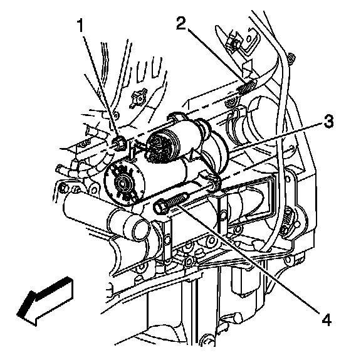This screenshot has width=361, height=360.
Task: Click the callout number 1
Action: tap(80, 25)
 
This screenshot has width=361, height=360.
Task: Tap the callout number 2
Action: tap(181, 24)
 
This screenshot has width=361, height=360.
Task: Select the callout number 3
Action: tap(328, 122)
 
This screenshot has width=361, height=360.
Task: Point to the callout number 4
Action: tap(325, 320)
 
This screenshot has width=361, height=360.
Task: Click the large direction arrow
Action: tap(46, 300)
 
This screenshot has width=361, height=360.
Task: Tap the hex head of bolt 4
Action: tap(160, 206)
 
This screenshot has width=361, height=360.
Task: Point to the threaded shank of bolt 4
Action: tap(178, 199)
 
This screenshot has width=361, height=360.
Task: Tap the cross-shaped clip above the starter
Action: tap(137, 98)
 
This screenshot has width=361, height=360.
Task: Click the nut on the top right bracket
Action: tap(232, 43)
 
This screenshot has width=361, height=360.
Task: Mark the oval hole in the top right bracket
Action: tap(249, 38)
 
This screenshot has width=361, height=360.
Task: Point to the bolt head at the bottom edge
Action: tap(208, 341)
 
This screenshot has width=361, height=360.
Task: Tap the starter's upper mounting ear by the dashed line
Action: tap(177, 118)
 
